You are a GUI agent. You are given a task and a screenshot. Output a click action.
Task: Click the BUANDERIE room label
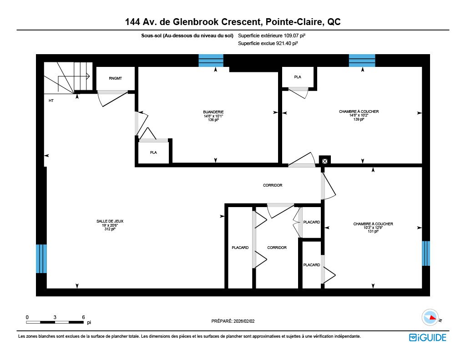point(213,112)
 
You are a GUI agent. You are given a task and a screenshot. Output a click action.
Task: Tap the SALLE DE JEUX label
point(110,221)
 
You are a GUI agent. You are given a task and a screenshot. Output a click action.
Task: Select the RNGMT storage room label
point(115,78)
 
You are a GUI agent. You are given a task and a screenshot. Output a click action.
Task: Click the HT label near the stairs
point(51,101)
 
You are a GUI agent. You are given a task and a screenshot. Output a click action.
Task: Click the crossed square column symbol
point(325,161)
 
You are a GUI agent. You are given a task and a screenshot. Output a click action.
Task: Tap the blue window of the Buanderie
point(211,61)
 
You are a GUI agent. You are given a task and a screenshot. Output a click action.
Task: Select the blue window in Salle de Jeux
point(41,259)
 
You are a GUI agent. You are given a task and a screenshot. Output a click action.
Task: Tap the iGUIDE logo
point(428,338)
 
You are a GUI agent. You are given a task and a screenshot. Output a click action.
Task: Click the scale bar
point(55,322)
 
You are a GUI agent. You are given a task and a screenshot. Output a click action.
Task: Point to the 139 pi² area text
point(359,119)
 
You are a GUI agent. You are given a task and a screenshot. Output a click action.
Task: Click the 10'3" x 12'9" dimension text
point(373,228)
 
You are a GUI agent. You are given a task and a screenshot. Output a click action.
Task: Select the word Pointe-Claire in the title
point(294,22)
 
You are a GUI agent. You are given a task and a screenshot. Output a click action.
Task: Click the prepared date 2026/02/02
point(244,321)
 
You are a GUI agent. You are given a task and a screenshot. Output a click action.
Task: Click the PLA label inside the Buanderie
point(153,153)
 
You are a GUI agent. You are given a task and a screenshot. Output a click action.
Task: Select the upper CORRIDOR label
point(273,186)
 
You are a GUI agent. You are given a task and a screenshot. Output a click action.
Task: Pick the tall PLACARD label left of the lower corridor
point(240,248)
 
